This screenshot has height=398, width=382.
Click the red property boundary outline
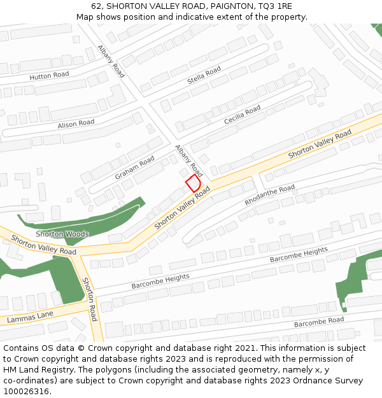click(x=194, y=184)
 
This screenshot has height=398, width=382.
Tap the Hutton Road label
click(x=49, y=76)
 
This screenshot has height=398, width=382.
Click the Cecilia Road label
click(x=242, y=115)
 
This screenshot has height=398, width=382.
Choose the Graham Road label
click(x=134, y=167)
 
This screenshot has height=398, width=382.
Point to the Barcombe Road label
click(x=319, y=322)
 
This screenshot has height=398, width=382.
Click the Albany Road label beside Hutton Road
click(x=111, y=61)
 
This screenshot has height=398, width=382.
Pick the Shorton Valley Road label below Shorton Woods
click(x=43, y=246)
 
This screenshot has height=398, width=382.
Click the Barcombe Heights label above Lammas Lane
click(x=160, y=281)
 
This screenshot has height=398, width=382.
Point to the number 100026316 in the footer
click(x=26, y=392)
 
